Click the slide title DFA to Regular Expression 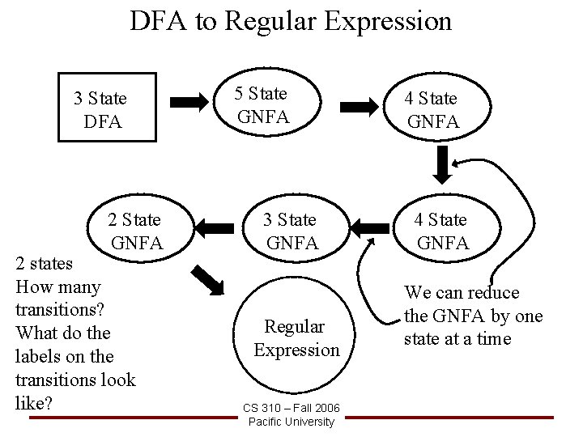(x=291, y=20)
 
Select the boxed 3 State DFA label (x=100, y=110)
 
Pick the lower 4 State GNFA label (x=441, y=231)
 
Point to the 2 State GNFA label (x=135, y=231)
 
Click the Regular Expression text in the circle (x=295, y=338)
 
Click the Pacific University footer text (x=291, y=421)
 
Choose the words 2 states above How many (x=45, y=263)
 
